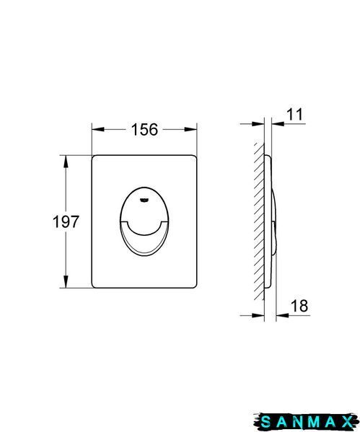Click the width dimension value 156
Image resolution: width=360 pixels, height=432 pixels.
[x=145, y=129]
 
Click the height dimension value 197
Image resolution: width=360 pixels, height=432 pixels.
[x=66, y=221]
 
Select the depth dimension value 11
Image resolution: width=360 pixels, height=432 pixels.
[x=294, y=114]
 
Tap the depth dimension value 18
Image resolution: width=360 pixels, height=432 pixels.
[x=299, y=306]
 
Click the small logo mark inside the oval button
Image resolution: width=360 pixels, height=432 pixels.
[x=144, y=200]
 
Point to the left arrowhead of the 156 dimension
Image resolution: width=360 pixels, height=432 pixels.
[x=98, y=129]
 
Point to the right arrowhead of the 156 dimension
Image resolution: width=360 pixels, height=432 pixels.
[x=190, y=129]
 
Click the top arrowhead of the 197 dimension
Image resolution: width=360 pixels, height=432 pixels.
[x=66, y=162]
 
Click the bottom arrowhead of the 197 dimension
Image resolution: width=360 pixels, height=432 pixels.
[x=66, y=281]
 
